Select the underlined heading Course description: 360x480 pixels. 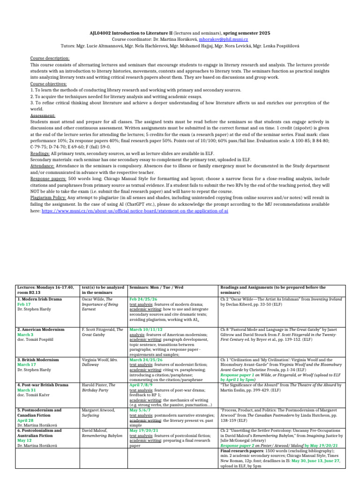point(49,59)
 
